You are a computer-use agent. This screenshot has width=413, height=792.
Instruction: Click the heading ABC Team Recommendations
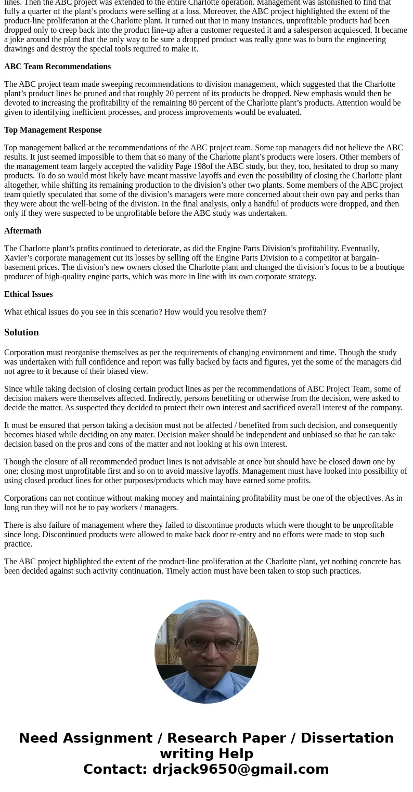[57, 67]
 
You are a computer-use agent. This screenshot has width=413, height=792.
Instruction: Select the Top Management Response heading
[53, 130]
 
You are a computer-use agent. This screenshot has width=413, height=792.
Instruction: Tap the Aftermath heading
[23, 231]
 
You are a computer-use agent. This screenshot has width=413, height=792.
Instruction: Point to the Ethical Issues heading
[29, 294]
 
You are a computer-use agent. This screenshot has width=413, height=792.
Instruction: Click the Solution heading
[21, 332]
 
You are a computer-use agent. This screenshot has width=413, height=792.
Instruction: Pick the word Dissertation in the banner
[347, 738]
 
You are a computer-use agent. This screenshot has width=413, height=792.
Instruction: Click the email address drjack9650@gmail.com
[240, 770]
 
